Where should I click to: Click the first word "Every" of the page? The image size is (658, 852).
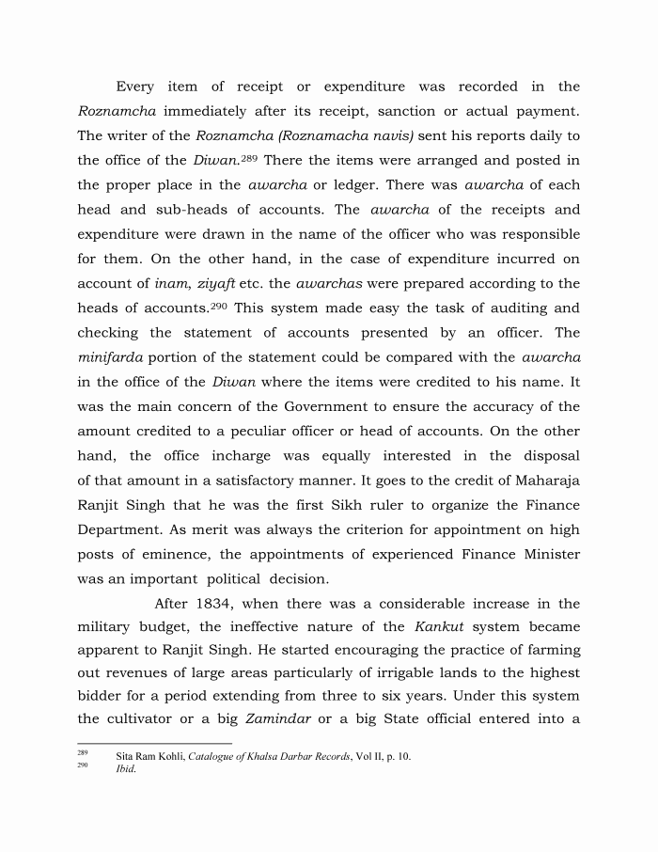click(135, 87)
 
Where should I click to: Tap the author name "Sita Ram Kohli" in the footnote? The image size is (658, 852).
click(149, 756)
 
